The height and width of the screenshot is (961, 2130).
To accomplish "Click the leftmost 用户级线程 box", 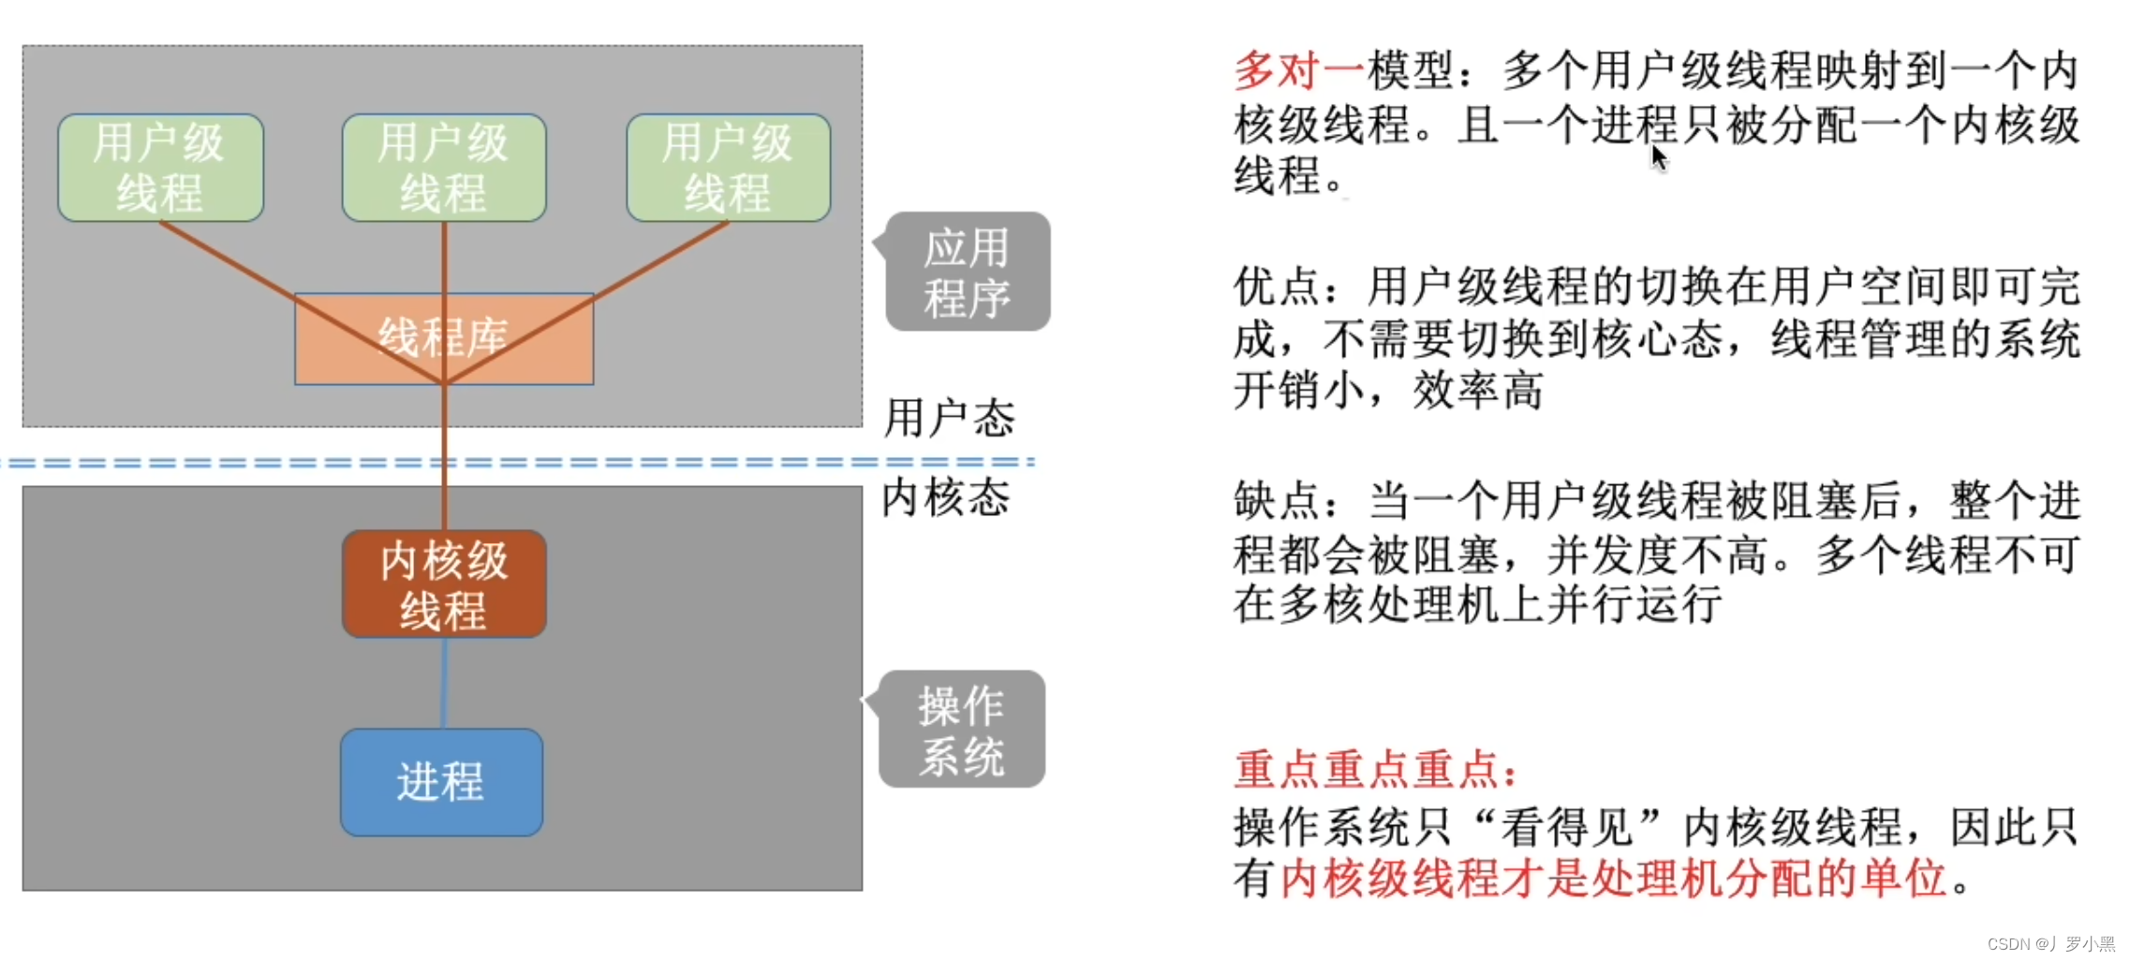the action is coord(160,168).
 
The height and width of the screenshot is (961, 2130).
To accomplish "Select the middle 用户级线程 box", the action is coord(444,168).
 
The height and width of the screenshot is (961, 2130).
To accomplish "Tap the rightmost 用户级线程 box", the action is coord(728,168).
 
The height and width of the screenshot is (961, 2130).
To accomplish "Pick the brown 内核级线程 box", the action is coord(444,584).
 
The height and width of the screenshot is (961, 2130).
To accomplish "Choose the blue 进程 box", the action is coord(441,782).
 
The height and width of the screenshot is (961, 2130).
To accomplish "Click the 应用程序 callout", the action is coord(968,272).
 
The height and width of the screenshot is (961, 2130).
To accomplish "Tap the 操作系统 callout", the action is coord(962,730).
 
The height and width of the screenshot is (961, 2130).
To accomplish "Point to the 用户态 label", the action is coord(949,418).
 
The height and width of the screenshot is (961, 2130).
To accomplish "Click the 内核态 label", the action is coord(945,497).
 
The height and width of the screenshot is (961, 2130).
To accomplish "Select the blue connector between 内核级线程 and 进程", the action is coord(444,683).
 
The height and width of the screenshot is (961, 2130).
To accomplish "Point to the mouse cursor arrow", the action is coord(1659,157).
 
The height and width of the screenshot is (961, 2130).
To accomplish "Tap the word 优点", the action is coord(1276,287).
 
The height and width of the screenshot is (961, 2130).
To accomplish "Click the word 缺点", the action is coord(1276,501).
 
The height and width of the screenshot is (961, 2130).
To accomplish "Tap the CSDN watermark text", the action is coord(2050,943).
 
